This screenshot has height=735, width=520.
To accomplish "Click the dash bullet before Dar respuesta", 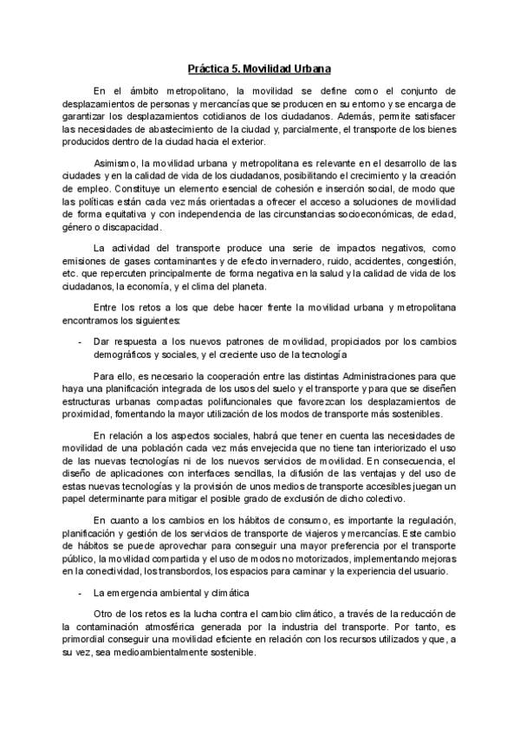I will [x=81, y=342].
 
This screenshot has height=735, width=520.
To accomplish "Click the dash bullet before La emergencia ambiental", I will [x=81, y=593].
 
